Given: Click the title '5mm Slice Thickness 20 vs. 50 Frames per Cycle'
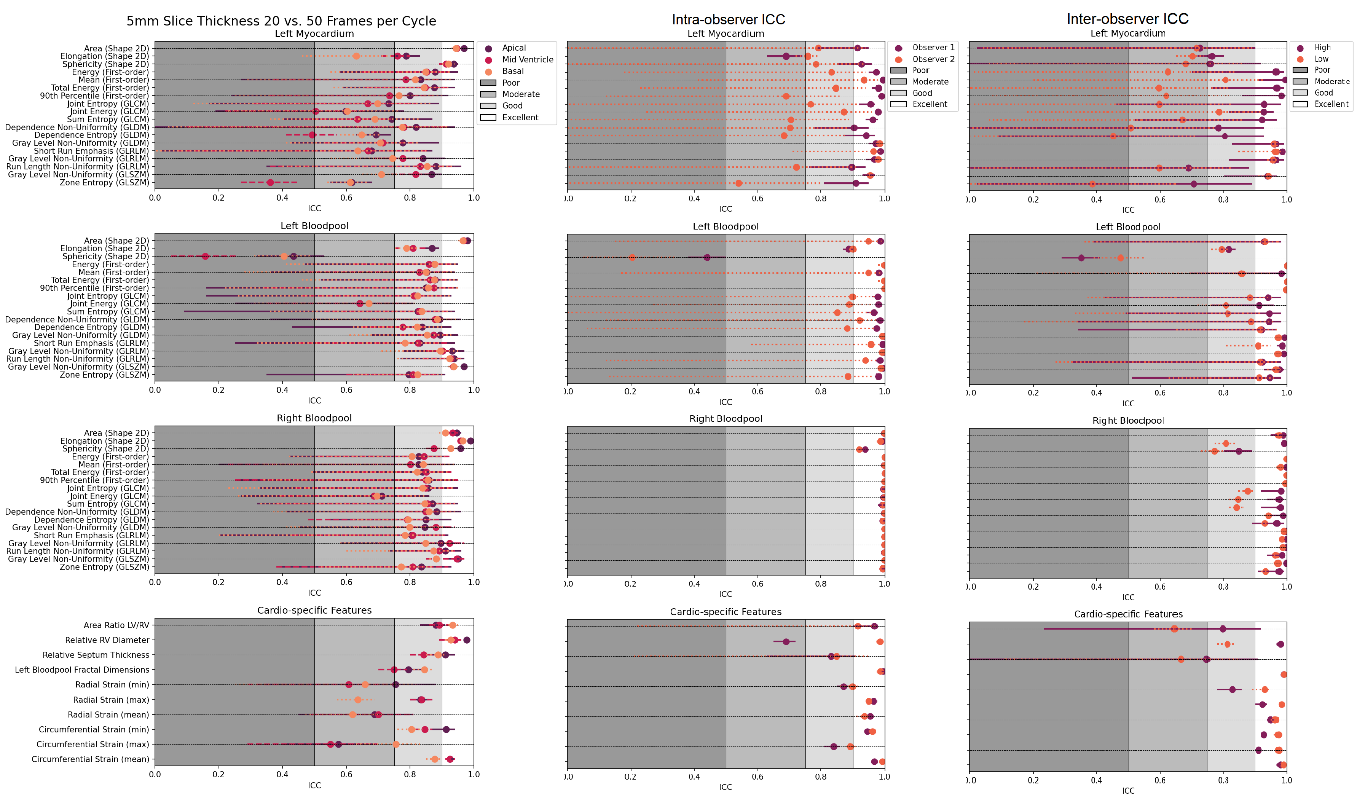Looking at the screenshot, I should click(281, 21).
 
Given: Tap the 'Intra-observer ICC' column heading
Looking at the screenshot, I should click(728, 19).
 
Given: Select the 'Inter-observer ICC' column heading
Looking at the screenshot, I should click(1127, 19).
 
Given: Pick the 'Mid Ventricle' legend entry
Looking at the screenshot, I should click(527, 60).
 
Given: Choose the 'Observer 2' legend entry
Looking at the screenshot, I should click(933, 59).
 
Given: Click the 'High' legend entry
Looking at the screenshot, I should click(1322, 47).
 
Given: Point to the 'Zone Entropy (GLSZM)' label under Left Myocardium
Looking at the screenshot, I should click(104, 182).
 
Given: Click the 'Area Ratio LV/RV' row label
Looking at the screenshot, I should click(116, 625).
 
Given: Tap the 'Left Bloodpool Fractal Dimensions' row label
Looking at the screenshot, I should click(82, 670).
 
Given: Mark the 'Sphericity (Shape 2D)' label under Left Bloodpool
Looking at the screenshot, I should click(105, 256).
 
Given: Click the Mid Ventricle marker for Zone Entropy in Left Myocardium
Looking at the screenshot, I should click(270, 182).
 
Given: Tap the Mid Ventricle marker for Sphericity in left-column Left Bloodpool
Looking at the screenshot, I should click(205, 256).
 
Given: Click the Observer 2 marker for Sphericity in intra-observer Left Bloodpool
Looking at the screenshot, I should click(631, 257).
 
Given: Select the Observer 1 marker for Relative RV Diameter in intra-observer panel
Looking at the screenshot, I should click(786, 642).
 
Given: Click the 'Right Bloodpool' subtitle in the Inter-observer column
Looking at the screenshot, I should click(1127, 421).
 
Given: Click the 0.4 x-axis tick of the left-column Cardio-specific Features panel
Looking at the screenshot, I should click(282, 774).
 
